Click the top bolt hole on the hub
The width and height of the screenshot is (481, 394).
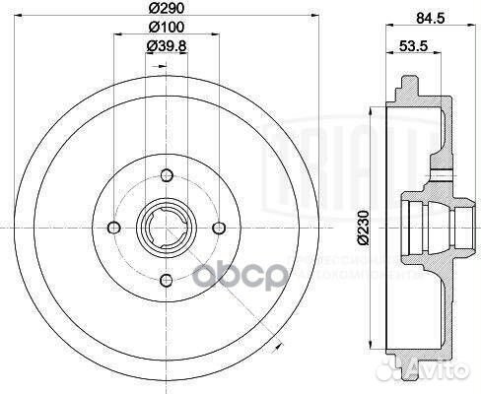(x=166, y=176)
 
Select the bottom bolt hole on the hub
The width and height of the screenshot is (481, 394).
(x=166, y=278)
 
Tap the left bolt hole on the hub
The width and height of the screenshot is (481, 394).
(x=115, y=227)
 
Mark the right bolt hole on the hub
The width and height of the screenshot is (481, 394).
(x=216, y=227)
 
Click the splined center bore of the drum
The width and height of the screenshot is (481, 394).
(x=166, y=227)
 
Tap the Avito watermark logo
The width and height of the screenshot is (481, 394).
(x=433, y=369)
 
